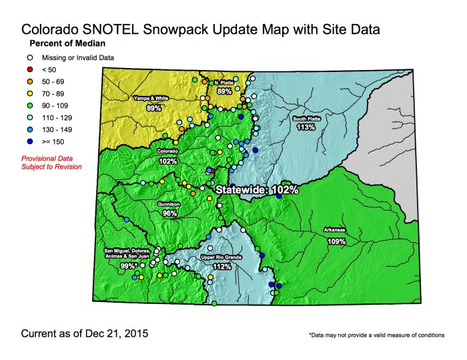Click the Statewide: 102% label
[x=256, y=190]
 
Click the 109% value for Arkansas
[x=336, y=241]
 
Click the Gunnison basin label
[x=169, y=205]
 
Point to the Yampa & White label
[x=150, y=98]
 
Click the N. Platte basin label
[x=222, y=83]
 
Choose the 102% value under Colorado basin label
[x=168, y=161]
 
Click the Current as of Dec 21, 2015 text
[x=85, y=331]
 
